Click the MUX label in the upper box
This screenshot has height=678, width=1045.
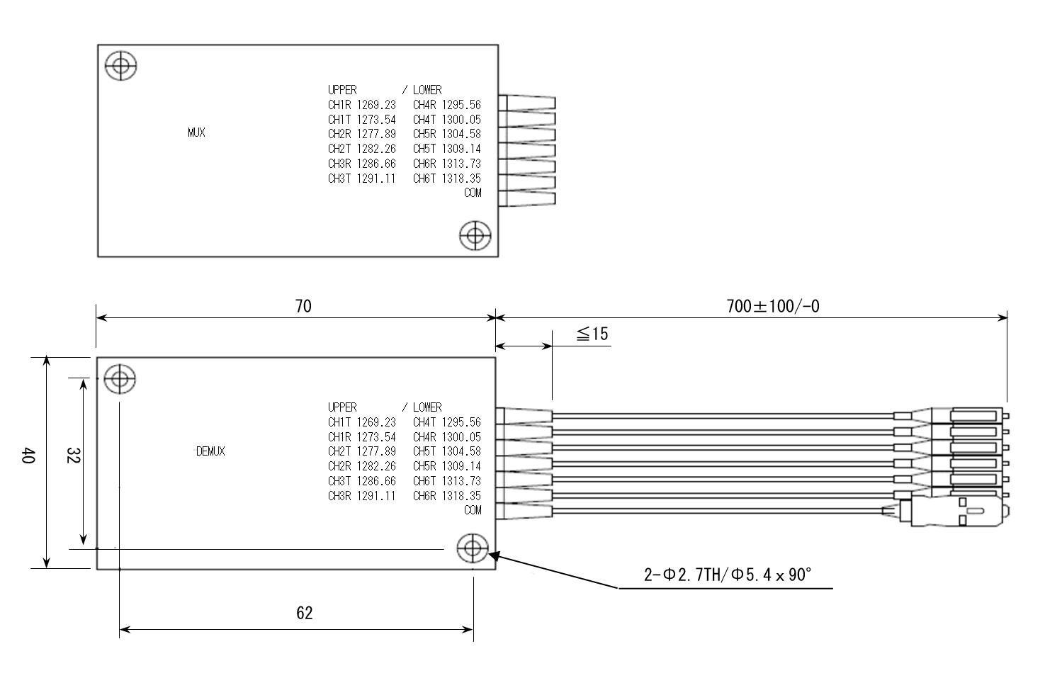(x=196, y=132)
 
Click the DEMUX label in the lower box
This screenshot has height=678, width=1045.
(x=210, y=451)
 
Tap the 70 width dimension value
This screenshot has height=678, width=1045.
(x=303, y=306)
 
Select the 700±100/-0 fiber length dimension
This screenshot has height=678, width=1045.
(x=773, y=306)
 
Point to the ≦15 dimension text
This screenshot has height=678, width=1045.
(x=592, y=334)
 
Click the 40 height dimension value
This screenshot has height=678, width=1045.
(x=28, y=455)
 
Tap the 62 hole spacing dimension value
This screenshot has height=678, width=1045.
(x=304, y=613)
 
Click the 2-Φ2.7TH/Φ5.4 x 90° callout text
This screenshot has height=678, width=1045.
(x=727, y=575)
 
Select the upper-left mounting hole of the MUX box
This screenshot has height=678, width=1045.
(x=120, y=66)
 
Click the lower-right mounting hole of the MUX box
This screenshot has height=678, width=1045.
(x=475, y=235)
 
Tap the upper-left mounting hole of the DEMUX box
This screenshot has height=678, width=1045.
(x=120, y=378)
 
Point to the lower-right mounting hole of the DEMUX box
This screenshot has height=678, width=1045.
(x=473, y=548)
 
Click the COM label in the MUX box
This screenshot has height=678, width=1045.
(x=473, y=193)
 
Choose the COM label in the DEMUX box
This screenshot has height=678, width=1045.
(x=473, y=510)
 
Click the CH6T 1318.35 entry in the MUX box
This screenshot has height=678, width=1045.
(x=446, y=179)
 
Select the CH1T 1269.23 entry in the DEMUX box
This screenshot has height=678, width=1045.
(x=361, y=422)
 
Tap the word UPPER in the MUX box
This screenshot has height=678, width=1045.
(x=342, y=90)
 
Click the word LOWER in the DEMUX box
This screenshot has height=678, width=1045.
(x=427, y=407)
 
